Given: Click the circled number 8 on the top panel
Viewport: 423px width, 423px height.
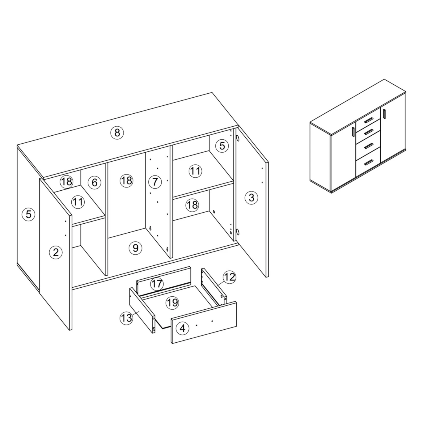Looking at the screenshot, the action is click(x=117, y=132).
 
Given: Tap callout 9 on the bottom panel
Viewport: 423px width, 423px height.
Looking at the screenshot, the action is click(x=135, y=248).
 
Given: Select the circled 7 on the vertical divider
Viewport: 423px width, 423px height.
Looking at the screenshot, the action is click(x=155, y=182).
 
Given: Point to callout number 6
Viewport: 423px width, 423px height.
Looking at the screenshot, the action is click(x=94, y=183).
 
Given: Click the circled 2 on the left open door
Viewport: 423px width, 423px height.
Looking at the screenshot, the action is click(x=56, y=252).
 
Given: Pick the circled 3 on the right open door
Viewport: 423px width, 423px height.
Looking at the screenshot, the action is click(x=251, y=198).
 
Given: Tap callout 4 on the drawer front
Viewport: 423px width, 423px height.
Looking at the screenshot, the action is click(x=182, y=328).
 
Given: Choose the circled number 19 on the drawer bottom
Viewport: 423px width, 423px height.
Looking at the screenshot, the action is click(x=172, y=303).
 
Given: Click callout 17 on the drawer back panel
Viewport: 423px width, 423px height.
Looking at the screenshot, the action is click(x=157, y=284).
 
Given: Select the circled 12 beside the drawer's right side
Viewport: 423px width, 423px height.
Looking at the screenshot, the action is click(x=230, y=277).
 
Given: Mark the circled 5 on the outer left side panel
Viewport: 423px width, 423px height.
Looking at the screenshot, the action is click(x=28, y=214).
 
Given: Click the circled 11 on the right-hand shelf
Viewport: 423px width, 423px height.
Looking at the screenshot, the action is click(x=195, y=171).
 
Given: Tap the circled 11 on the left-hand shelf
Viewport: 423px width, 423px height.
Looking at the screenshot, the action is click(x=78, y=202).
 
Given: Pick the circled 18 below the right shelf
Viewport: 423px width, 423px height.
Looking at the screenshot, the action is click(x=192, y=205).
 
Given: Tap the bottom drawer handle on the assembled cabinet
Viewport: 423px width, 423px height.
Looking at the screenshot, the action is click(x=369, y=162).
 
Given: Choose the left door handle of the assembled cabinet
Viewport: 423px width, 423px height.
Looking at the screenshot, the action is click(x=353, y=133).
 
